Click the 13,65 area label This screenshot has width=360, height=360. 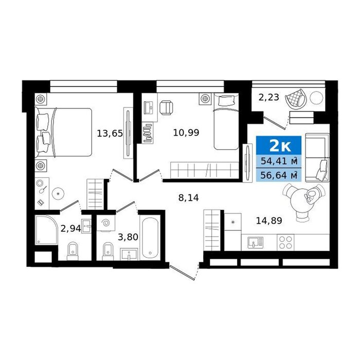coord(110,133)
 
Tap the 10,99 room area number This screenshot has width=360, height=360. coord(186,133)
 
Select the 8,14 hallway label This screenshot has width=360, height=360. coord(189,197)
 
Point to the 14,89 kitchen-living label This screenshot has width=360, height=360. coord(269,221)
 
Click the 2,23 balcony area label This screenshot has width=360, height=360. coord(269,98)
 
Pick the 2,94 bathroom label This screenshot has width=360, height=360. coord(71,228)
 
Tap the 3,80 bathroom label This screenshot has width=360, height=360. coord(128,237)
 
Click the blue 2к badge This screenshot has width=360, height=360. coord(279,146)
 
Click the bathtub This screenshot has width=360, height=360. coord(150,238)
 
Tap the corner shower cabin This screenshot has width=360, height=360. coord(46,229)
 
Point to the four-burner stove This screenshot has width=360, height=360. coord(285,242)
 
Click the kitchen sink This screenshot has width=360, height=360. coord(256,243)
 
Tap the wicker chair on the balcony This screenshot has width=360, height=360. coord(296,98)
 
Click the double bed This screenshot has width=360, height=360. coord(63,132)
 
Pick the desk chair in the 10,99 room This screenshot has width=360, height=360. coord(166,108)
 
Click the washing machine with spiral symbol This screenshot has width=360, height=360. coord(105,223)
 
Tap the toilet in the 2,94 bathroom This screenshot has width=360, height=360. coord(73,251)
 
